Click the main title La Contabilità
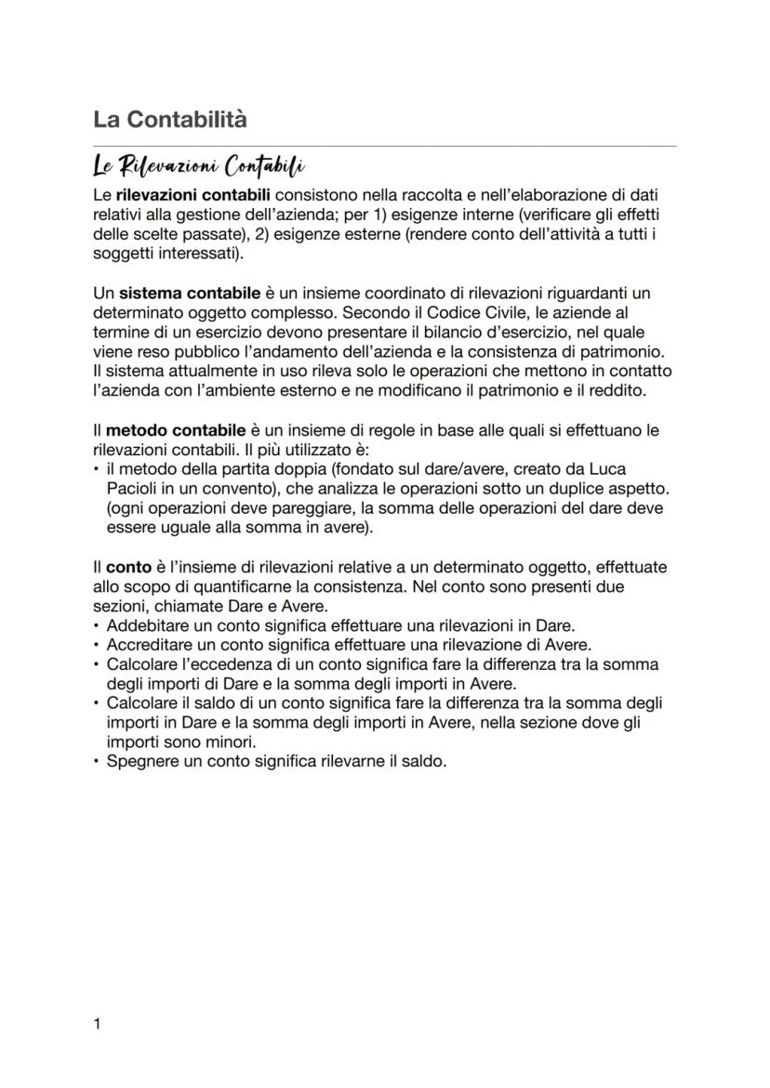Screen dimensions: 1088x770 pyautogui.click(x=170, y=120)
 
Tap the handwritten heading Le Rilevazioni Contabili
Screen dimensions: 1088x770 pyautogui.click(x=199, y=167)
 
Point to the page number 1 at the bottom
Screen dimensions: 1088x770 pyautogui.click(x=98, y=1024)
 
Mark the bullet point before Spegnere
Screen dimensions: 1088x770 pyautogui.click(x=98, y=761)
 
